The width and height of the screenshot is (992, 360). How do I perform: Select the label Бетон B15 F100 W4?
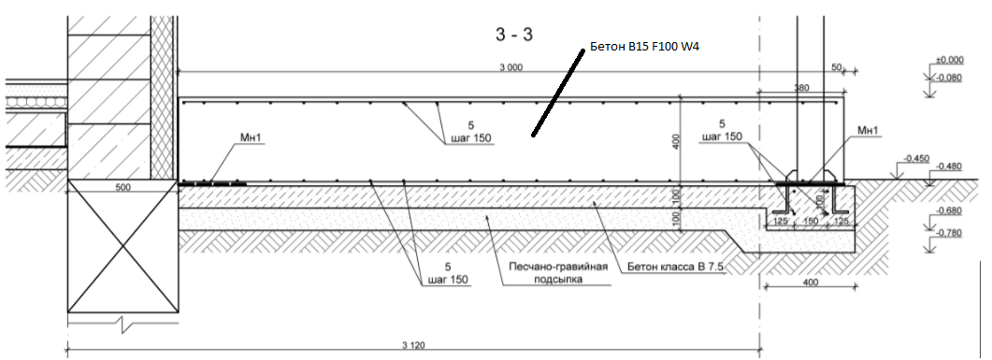(645, 47)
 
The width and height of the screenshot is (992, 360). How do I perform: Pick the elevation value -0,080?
(949, 78)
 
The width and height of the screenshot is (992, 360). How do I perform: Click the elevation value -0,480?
(949, 166)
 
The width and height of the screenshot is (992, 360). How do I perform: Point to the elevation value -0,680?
(949, 211)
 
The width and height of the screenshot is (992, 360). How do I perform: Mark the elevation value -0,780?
(949, 234)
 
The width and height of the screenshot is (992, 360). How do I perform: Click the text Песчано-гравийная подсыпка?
(558, 272)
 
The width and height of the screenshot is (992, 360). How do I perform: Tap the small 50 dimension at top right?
(836, 66)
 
